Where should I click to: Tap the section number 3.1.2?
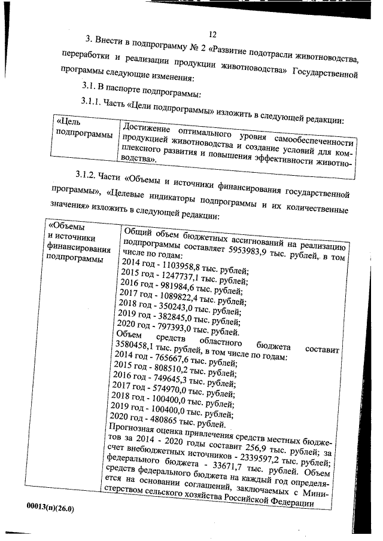pos(88,176)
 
